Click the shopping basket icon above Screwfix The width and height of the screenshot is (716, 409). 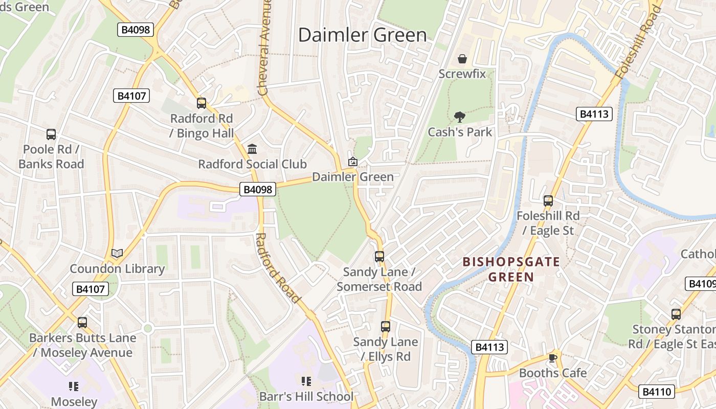[462, 59]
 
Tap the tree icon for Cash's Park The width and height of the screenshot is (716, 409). [460, 117]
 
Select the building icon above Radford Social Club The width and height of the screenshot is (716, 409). [252, 149]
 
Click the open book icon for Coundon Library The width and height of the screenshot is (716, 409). [117, 253]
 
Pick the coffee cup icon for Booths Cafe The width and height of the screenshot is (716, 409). [552, 357]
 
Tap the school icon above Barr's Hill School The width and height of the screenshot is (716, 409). [306, 381]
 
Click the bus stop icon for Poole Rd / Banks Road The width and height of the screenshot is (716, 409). [51, 134]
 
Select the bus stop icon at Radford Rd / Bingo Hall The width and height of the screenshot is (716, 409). [202, 103]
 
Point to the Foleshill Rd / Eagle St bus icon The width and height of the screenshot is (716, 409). [548, 201]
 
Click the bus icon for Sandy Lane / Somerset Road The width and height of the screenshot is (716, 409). [379, 257]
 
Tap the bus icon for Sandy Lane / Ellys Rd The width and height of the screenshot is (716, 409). [386, 326]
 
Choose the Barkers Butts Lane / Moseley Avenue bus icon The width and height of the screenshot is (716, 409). [82, 323]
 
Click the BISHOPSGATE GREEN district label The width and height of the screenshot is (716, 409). [511, 269]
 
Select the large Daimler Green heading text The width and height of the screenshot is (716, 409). [362, 35]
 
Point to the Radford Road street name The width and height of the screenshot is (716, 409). [277, 267]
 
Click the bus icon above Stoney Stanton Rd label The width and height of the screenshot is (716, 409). [676, 314]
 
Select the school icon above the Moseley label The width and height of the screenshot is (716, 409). [74, 386]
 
